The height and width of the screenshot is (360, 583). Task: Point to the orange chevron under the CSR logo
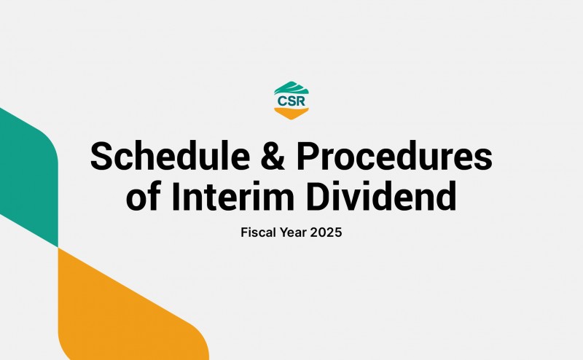[x=291, y=112]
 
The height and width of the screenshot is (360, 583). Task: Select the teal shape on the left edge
[x=26, y=175]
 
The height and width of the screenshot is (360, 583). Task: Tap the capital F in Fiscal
[x=243, y=235]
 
